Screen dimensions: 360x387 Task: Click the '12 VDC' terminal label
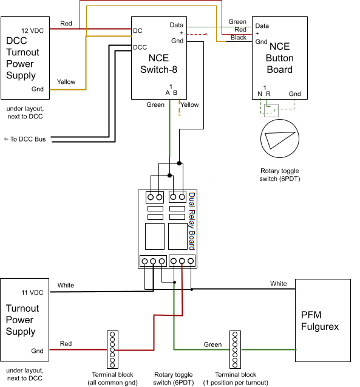pos(32,30)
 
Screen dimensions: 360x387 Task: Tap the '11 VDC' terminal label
pos(32,292)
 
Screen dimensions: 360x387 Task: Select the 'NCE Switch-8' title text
pos(158,64)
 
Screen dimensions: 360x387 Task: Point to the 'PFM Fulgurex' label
pos(320,321)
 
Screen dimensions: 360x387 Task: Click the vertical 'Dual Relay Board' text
pos(192,221)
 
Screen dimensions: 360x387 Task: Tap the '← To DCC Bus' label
pos(25,139)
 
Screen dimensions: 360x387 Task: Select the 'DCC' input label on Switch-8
pos(140,47)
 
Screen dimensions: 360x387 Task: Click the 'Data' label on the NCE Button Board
pos(262,26)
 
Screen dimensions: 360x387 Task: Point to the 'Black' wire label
pos(239,38)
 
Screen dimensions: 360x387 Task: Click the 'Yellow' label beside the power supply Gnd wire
pos(66,81)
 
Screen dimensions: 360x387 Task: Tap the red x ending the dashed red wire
pos(206,34)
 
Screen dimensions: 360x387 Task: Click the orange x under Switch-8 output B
pos(180,115)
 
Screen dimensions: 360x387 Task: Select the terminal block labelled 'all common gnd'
pos(112,349)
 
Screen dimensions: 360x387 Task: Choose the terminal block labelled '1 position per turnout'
pos(235,349)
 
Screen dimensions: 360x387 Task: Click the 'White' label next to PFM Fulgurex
pos(279,284)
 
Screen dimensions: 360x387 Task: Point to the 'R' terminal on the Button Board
pos(268,94)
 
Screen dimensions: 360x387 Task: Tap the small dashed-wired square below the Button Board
pos(271,111)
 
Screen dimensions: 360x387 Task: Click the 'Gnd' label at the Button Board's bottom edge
pos(294,94)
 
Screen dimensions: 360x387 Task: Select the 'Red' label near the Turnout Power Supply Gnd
pos(66,344)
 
